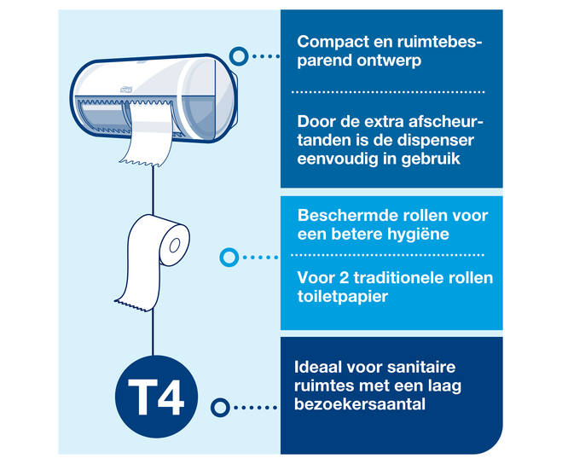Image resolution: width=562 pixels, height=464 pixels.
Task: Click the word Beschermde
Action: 343,216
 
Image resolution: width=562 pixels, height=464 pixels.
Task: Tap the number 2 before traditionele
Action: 344,278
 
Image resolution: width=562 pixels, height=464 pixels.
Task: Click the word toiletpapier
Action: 342,297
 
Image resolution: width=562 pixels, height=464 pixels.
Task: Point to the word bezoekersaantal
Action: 360,404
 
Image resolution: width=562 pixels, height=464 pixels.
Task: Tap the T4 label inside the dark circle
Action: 156,397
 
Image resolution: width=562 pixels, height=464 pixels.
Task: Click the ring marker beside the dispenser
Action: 238,56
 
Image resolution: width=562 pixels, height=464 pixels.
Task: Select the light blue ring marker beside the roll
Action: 229,257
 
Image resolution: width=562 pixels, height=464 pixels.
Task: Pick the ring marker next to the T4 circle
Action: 220,408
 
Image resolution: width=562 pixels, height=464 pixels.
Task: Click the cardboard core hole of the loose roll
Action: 175,246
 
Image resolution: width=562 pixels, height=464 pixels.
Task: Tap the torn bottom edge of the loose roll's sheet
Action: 132,305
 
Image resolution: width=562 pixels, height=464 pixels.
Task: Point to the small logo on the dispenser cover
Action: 126,89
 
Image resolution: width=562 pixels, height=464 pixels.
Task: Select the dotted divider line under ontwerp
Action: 388,92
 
